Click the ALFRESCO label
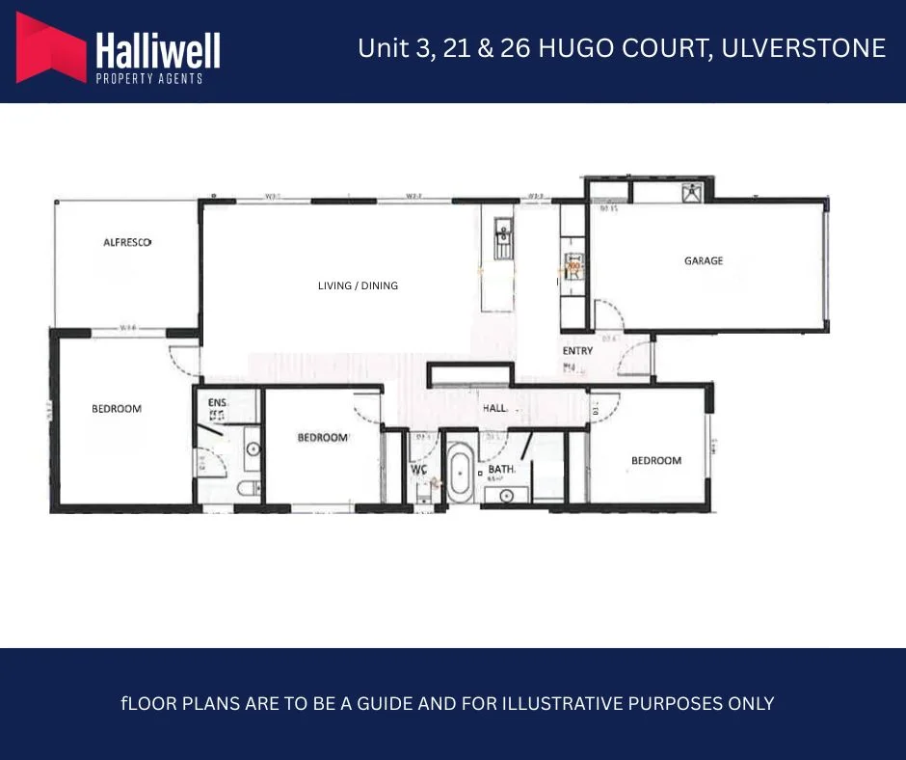127,243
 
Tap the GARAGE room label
704,260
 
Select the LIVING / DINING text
358,285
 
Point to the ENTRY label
577,351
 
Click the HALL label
494,409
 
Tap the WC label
419,471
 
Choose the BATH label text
502,470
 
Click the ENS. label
217,402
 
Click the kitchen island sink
503,235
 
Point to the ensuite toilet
248,489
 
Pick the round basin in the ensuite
253,449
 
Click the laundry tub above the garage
691,191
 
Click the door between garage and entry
606,313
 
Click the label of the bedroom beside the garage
656,461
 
